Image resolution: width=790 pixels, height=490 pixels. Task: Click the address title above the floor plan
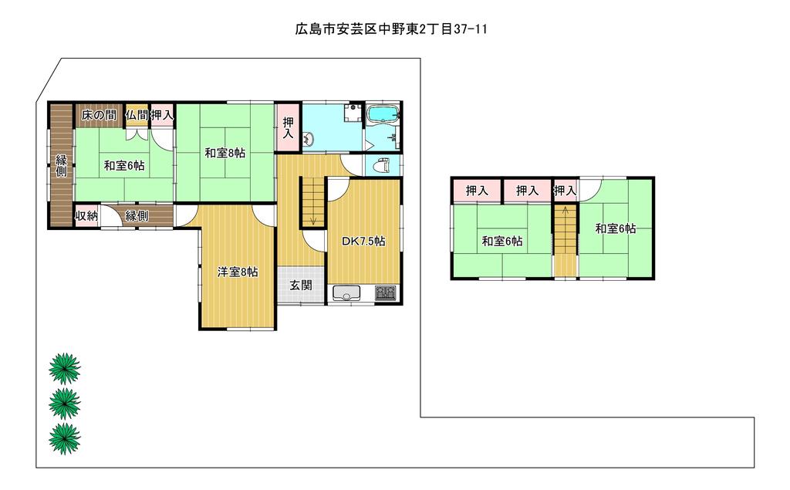pyautogui.click(x=391, y=29)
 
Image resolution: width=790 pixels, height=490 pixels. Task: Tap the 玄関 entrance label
pyautogui.click(x=300, y=286)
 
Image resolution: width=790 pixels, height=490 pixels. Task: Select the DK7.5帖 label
pyautogui.click(x=364, y=242)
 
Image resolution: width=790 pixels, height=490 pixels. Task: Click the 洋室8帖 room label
pyautogui.click(x=238, y=272)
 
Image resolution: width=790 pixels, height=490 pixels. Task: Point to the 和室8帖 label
pyautogui.click(x=225, y=153)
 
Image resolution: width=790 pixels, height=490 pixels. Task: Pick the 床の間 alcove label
pyautogui.click(x=100, y=116)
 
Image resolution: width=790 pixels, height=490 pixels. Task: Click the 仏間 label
pyautogui.click(x=137, y=116)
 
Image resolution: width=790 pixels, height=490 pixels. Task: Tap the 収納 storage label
pyautogui.click(x=86, y=216)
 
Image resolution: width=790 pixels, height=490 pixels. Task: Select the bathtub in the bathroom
pyautogui.click(x=384, y=114)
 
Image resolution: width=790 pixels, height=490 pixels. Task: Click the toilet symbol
pyautogui.click(x=383, y=165)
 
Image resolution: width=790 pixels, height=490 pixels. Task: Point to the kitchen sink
pyautogui.click(x=346, y=293)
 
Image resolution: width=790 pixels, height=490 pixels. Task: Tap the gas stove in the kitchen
pyautogui.click(x=386, y=293)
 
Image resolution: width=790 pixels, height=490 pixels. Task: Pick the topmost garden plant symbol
pyautogui.click(x=65, y=369)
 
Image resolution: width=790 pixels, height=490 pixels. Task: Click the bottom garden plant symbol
pyautogui.click(x=65, y=438)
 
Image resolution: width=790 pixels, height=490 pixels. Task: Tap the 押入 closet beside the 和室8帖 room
pyautogui.click(x=289, y=127)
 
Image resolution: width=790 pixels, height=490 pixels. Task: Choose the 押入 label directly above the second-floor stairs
pyautogui.click(x=565, y=191)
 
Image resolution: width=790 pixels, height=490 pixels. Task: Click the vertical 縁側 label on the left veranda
pyautogui.click(x=61, y=166)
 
